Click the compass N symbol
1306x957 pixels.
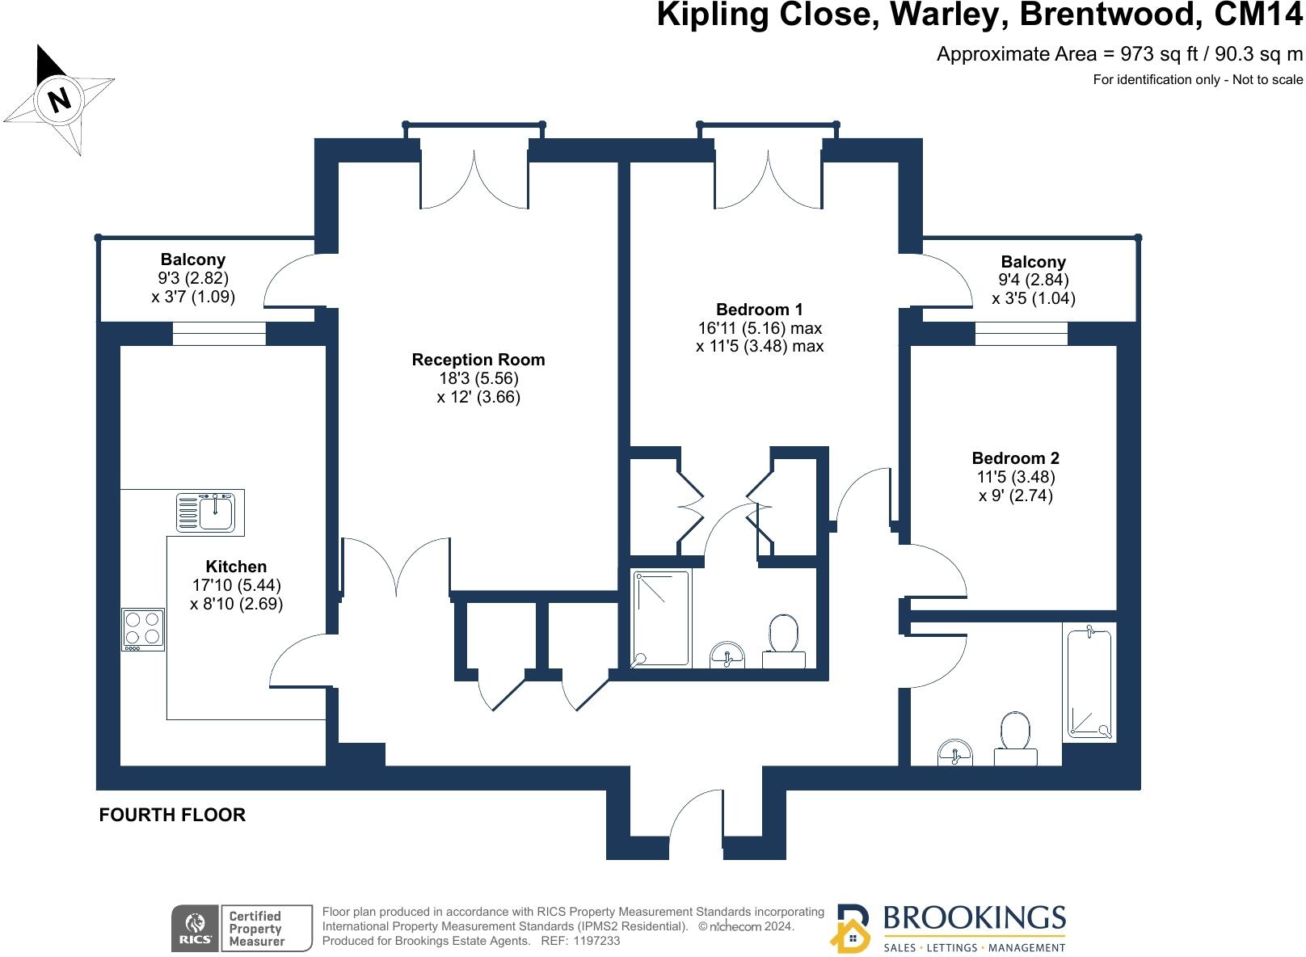tap(59, 99)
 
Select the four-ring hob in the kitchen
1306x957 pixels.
tap(143, 629)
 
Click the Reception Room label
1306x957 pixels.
tap(478, 360)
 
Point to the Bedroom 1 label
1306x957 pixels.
tap(759, 310)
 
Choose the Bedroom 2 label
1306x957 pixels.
tap(1015, 458)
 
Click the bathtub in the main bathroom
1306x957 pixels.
tap(1089, 684)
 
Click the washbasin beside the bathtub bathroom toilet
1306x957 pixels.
tap(954, 754)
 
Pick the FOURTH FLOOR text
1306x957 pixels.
tap(172, 815)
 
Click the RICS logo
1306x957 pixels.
tap(195, 928)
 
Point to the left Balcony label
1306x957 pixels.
tap(192, 259)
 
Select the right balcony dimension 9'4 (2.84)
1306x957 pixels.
tap(1033, 280)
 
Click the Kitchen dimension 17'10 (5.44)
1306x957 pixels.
tap(236, 585)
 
